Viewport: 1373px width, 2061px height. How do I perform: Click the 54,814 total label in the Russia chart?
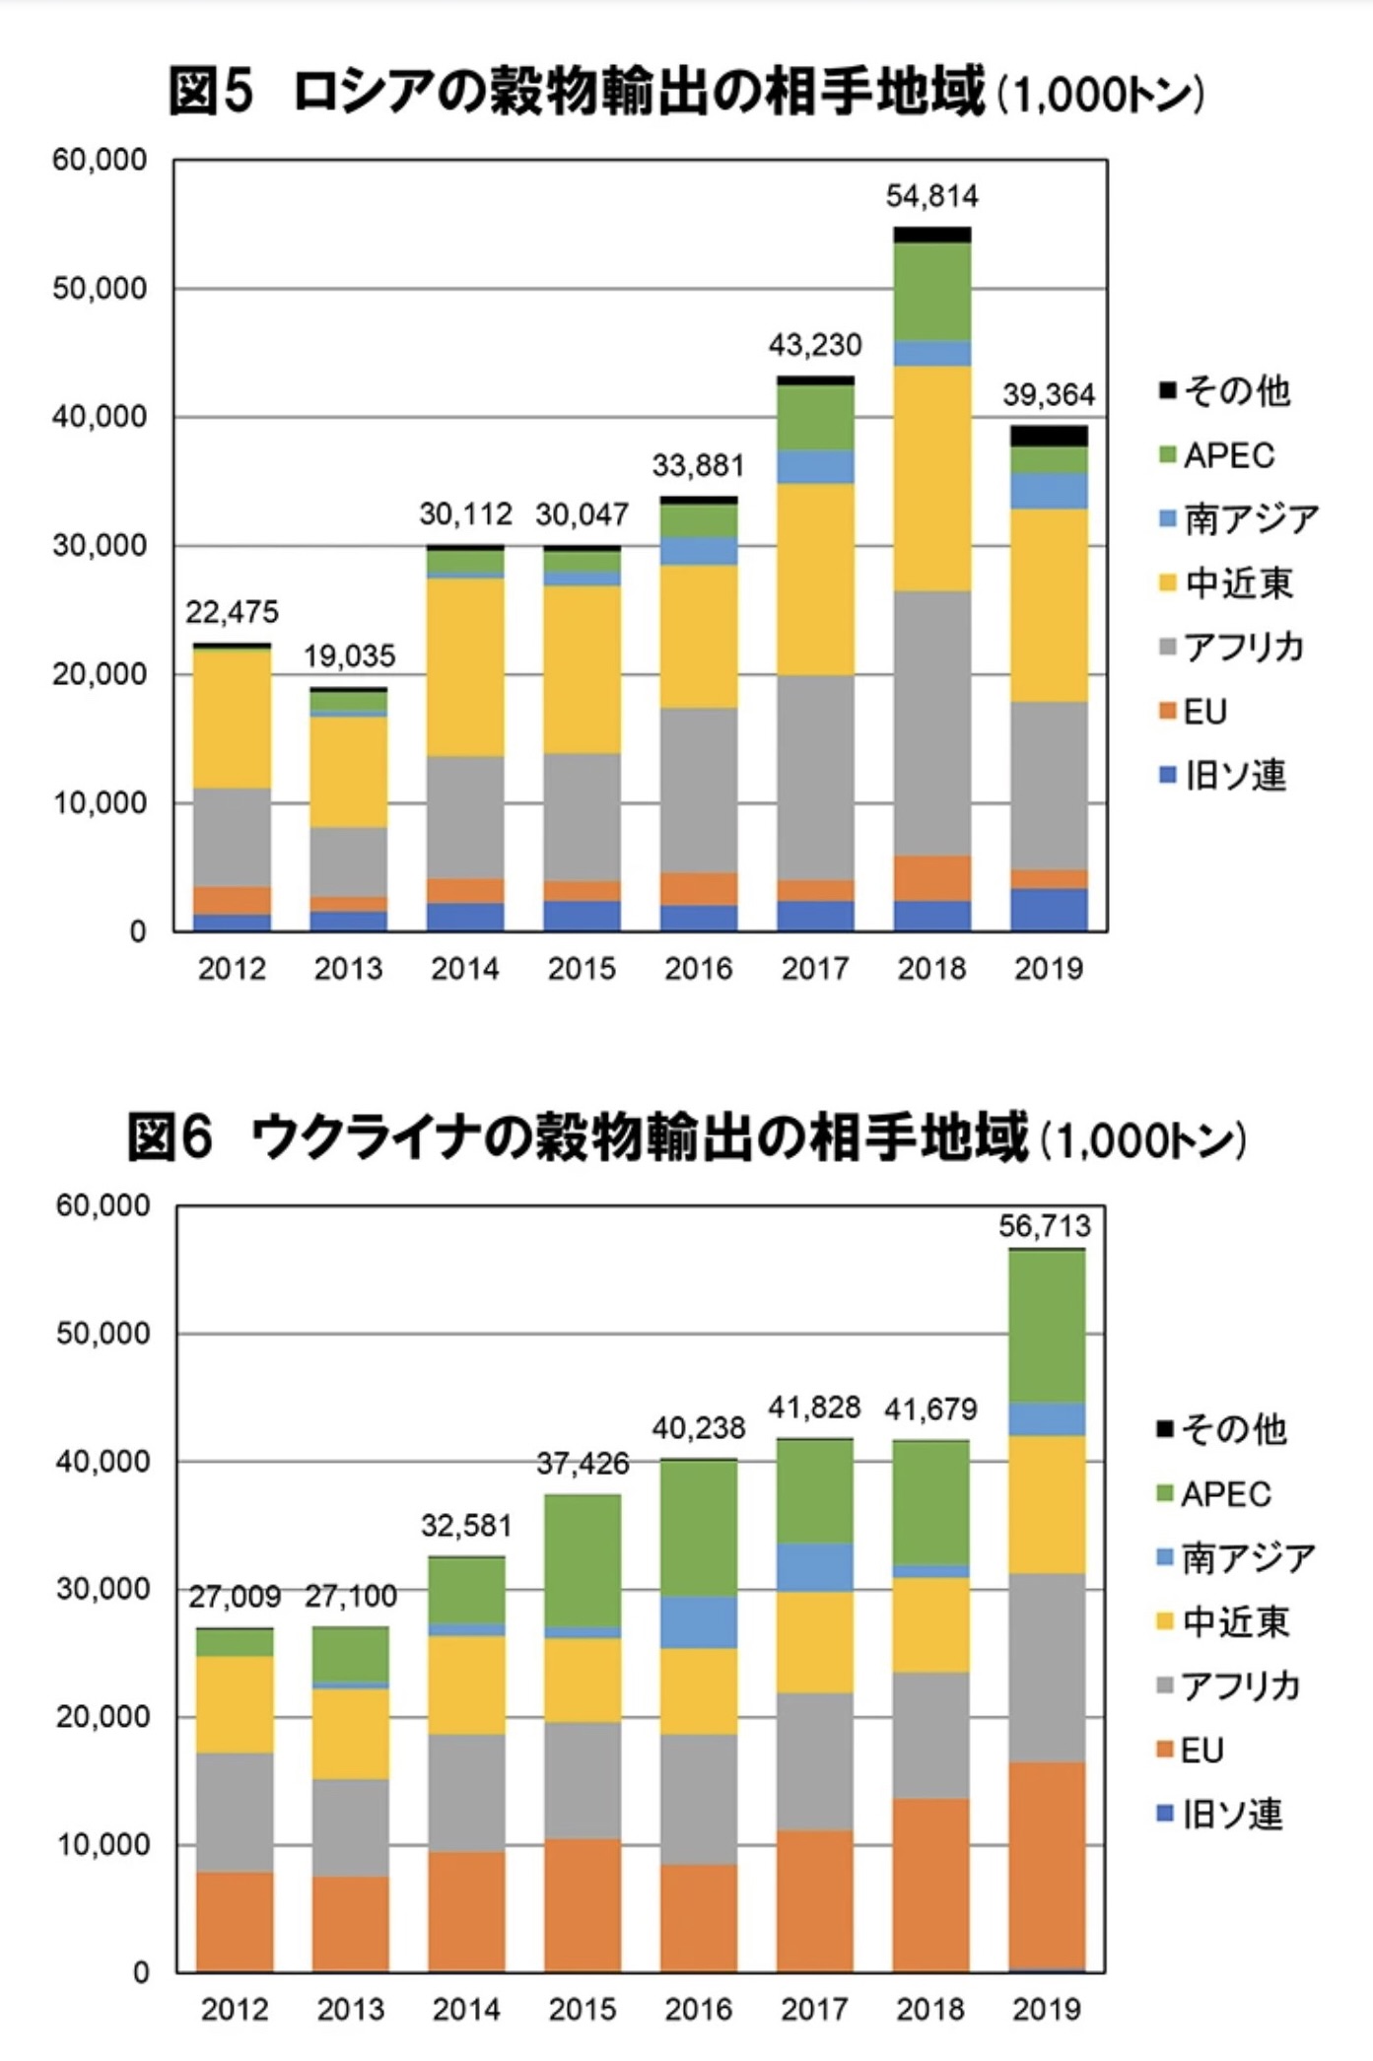pos(931,196)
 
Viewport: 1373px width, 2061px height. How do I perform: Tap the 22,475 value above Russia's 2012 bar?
pos(232,612)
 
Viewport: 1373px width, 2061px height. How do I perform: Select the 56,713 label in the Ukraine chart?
pos(1045,1226)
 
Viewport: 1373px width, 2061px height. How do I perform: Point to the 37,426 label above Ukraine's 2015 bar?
pos(583,1464)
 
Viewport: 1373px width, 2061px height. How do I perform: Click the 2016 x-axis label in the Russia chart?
pos(699,969)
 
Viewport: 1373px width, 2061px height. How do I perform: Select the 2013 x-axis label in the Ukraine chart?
pos(351,2009)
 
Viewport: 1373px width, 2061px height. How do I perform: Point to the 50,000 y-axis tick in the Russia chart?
pos(100,289)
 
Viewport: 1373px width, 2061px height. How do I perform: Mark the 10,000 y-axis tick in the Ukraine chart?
pos(103,1845)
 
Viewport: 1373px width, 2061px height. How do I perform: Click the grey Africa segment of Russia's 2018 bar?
pos(932,722)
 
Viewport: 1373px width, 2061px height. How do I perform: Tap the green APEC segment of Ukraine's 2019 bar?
pos(1047,1326)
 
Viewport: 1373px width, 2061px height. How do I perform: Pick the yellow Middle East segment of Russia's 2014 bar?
pos(465,666)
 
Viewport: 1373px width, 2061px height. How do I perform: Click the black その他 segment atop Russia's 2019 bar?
pos(1049,436)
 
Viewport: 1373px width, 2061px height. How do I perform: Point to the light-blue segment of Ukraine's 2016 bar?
pos(699,1621)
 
